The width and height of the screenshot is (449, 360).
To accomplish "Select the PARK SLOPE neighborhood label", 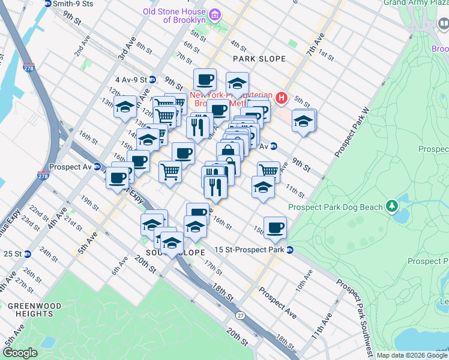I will click(259, 59).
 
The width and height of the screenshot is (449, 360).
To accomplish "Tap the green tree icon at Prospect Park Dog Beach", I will click(392, 206).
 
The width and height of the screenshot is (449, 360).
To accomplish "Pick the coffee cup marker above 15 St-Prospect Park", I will click(275, 228).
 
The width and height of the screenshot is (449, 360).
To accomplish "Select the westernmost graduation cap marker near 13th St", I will click(125, 108).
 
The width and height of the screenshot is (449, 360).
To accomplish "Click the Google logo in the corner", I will click(20, 353).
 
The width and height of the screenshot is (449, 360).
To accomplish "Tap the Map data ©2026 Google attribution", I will click(412, 355).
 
